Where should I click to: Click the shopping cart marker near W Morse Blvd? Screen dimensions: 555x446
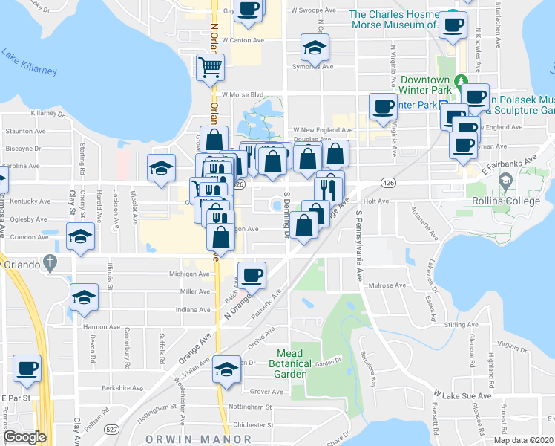click(x=210, y=67)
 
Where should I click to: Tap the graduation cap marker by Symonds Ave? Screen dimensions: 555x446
click(x=315, y=49)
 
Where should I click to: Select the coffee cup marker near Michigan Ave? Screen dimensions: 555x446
click(x=252, y=274)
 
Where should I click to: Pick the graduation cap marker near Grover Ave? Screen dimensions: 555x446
click(x=226, y=369)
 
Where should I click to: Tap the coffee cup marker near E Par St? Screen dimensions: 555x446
click(x=27, y=369)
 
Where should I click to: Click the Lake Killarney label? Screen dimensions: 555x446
click(x=30, y=62)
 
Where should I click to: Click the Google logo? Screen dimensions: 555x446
click(x=24, y=437)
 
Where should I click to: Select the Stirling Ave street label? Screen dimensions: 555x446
click(x=460, y=325)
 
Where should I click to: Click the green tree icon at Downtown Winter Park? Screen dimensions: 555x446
click(x=461, y=80)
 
